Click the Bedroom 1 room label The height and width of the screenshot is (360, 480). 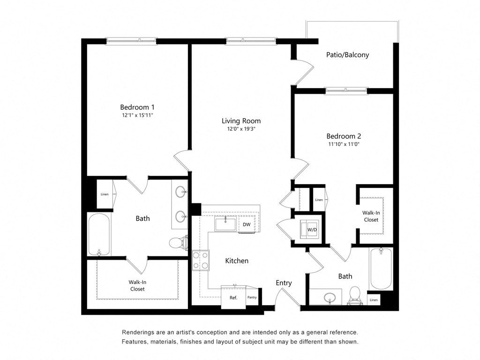coord(137,107)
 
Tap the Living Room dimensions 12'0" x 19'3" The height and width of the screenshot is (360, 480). coord(241,128)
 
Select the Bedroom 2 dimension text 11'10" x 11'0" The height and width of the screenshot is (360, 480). coord(344,144)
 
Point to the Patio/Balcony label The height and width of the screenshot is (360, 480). coord(347,55)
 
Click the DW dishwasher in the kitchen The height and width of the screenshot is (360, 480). coord(246,225)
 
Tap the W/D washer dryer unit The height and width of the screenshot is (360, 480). coord(311,229)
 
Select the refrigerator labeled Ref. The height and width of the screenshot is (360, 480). coord(233,297)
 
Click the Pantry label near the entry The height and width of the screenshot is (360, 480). coord(252,297)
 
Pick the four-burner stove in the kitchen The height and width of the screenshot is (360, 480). coord(201,261)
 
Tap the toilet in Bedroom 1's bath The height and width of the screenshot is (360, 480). coord(178,242)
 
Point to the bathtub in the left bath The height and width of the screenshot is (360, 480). coord(99,234)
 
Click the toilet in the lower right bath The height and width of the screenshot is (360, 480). coord(354,295)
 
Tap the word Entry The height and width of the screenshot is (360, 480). coord(284,283)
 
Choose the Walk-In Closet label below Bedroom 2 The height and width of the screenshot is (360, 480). coord(371,216)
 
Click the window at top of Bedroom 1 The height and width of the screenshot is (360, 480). coord(131,41)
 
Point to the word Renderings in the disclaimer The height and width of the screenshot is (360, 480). coord(140,332)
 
